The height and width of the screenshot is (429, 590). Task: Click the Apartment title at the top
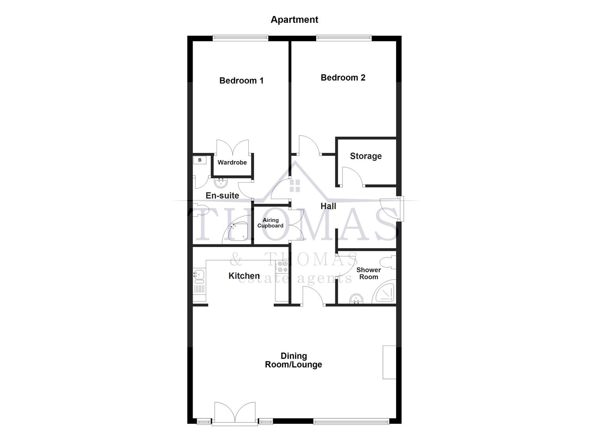(294, 19)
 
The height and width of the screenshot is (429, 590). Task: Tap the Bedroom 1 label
(241, 81)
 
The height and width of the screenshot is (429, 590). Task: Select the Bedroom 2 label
(343, 77)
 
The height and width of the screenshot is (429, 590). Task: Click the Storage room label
(366, 156)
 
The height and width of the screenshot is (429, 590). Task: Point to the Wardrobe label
(232, 162)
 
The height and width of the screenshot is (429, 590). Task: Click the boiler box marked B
(200, 160)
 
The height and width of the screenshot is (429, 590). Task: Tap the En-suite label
(222, 195)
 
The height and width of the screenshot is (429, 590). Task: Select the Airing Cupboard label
(270, 223)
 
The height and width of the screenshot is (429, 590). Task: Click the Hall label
(328, 206)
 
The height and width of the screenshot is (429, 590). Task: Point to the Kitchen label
(244, 276)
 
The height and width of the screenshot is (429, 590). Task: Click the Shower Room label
(368, 273)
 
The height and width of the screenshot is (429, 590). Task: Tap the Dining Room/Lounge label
(294, 360)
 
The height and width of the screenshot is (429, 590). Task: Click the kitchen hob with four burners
(282, 267)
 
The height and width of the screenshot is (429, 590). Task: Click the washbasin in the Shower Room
(357, 299)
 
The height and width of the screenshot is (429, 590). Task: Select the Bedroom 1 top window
(240, 38)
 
